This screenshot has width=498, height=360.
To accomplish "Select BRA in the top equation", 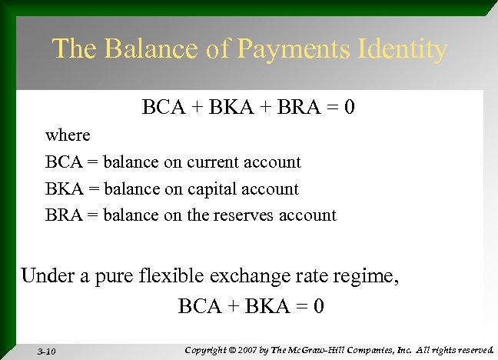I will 296,106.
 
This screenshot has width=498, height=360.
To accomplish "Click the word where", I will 68,135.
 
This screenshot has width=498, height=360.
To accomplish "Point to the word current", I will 213,162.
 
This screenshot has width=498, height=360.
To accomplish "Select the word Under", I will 45,275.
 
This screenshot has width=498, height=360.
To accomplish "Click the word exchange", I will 244,275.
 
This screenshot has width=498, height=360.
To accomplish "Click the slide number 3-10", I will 46,351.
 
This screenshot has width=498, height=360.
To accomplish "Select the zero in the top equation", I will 349,106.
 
